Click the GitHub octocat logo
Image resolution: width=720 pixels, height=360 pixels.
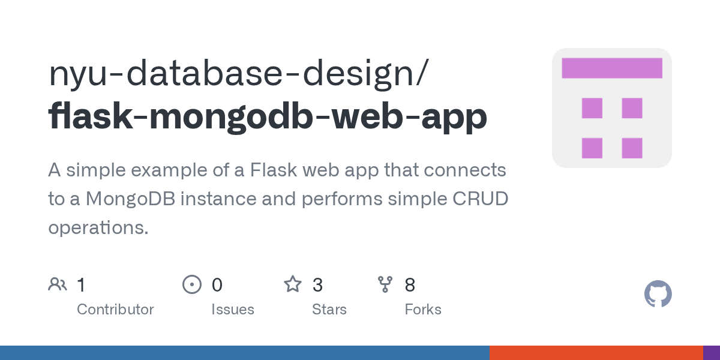coord(658,294)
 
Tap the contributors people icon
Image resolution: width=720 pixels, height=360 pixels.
coord(58,284)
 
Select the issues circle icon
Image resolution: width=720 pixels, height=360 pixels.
coord(191,284)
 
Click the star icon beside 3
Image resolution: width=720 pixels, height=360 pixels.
coord(293,284)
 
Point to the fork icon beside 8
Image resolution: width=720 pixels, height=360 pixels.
coord(385,284)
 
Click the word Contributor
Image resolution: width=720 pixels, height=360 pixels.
coord(115,310)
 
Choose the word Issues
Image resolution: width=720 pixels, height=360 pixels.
coord(233,310)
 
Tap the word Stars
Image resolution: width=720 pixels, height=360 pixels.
coord(329,310)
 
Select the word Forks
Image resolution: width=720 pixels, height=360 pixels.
coord(423,310)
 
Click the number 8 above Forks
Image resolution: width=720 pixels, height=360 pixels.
coord(410,285)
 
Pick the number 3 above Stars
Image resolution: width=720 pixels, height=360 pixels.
coord(318,285)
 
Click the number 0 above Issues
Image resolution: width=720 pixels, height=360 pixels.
coord(217,285)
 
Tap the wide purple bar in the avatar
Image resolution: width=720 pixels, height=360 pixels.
coord(611,68)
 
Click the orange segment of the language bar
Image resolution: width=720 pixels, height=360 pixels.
coord(596,353)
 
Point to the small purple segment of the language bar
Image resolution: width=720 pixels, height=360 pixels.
coord(712,353)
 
